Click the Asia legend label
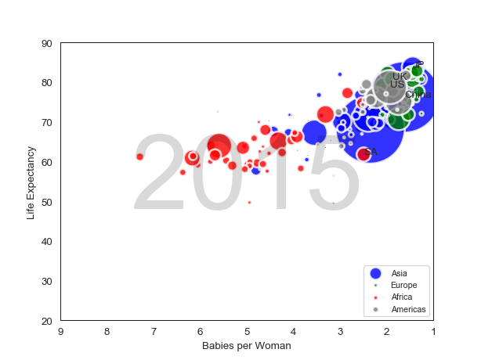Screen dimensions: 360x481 point(400,272)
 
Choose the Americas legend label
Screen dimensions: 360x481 point(409,310)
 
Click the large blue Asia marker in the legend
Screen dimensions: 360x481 point(375,273)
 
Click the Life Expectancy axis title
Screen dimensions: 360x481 point(31,182)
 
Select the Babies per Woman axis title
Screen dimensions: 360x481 point(247,346)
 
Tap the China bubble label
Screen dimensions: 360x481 point(418,95)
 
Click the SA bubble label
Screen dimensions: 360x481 point(371,152)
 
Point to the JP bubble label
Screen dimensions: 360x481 point(419,66)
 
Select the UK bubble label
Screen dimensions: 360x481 point(399,77)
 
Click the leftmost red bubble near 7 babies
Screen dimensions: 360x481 point(140,157)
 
